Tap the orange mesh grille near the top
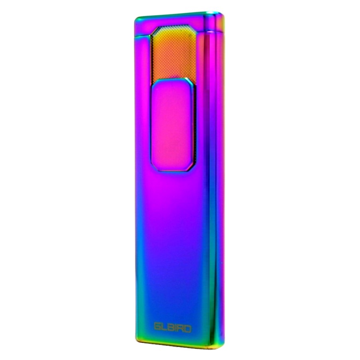point(173,53)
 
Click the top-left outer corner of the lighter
point(135,18)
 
